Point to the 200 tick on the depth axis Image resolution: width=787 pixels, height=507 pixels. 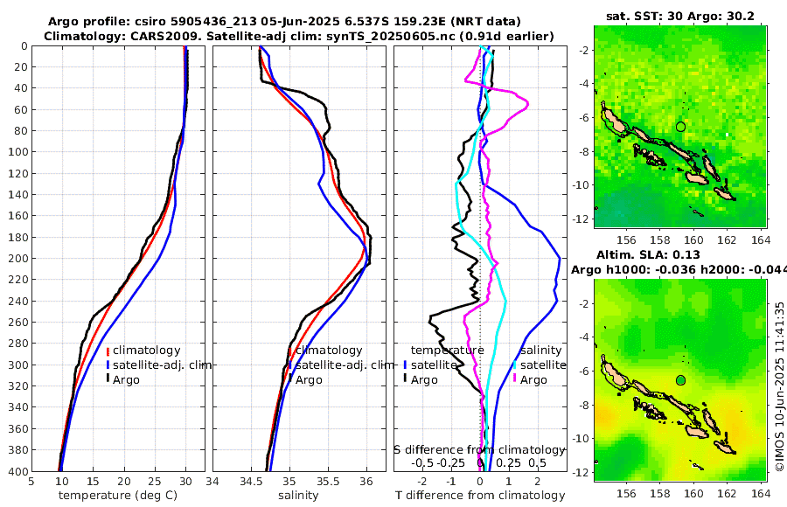coord(18,259)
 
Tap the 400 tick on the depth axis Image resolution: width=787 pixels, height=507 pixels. coord(18,472)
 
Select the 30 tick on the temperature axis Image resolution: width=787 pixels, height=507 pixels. coord(185,481)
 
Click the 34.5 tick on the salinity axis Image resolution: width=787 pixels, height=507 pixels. coord(251,481)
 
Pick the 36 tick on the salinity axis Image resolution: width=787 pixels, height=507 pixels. coord(366,481)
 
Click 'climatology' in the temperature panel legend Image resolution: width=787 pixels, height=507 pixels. coord(146,351)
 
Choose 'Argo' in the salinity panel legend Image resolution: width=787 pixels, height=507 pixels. coord(309,380)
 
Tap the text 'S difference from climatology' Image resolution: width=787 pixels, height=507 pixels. coord(478,449)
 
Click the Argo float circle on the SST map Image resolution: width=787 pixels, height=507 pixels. coord(680,127)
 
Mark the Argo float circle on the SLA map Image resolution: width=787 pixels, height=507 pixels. coord(680,380)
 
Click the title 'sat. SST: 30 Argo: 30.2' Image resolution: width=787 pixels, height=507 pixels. coord(679,17)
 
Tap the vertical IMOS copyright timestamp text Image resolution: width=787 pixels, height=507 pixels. coord(779,387)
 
